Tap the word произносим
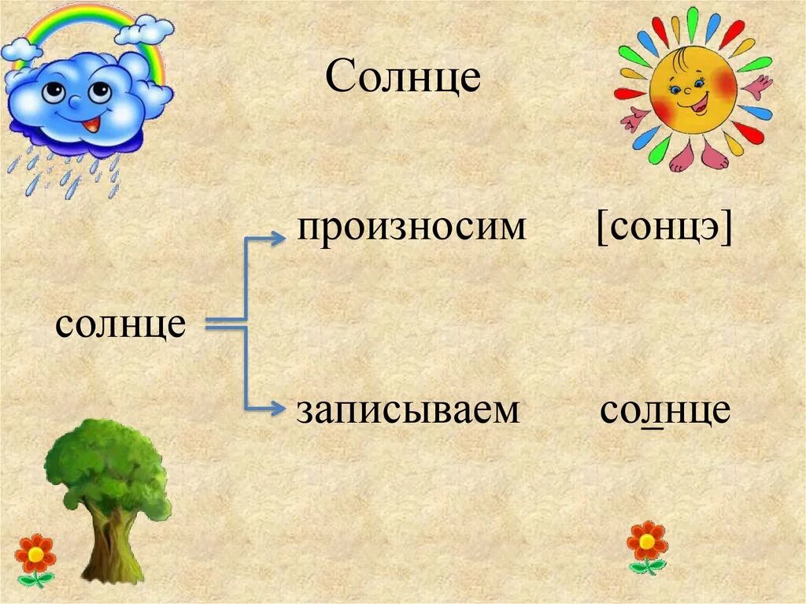[x=410, y=228]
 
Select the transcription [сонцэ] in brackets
[x=664, y=229]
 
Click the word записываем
[x=408, y=410]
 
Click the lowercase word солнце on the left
[x=120, y=324]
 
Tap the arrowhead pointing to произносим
[x=278, y=238]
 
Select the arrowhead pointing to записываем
[x=278, y=408]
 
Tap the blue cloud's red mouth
[x=92, y=124]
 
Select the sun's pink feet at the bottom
[x=701, y=155]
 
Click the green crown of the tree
[x=106, y=465]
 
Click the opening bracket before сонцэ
[x=601, y=230]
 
